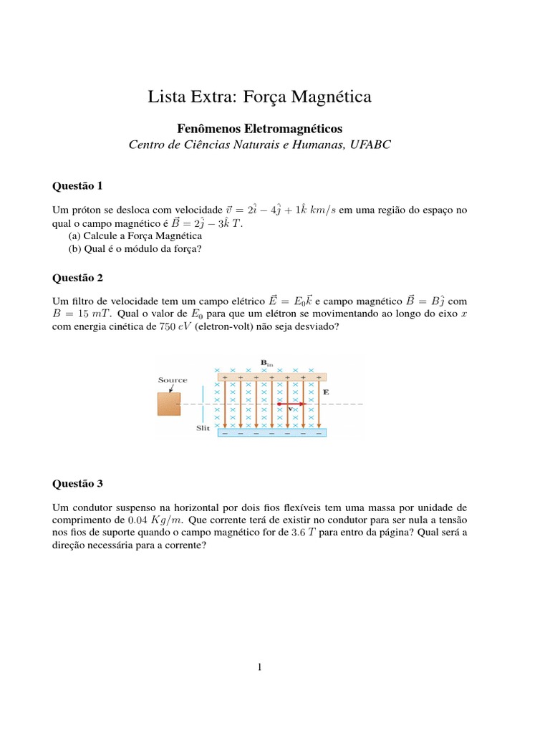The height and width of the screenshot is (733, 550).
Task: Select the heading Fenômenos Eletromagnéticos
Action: (260, 128)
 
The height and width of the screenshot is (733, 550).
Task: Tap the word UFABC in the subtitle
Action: (372, 145)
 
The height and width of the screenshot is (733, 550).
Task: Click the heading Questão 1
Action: (78, 186)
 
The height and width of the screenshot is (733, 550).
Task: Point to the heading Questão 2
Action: (78, 276)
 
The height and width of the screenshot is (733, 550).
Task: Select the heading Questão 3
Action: (78, 484)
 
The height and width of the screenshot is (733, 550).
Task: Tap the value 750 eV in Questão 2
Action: (175, 326)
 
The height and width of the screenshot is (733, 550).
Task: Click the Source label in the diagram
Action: (173, 380)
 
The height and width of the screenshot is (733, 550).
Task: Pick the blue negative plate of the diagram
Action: (272, 432)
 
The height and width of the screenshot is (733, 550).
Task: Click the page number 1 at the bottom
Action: (261, 668)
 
